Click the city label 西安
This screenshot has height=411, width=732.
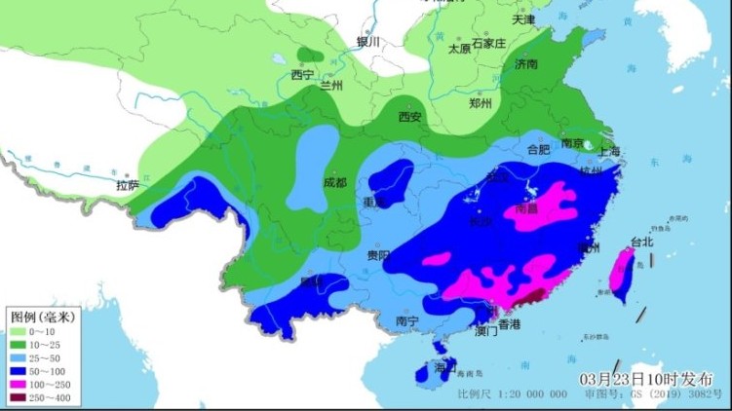409,118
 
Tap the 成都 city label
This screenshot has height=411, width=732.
334,182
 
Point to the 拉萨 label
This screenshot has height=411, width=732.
127,185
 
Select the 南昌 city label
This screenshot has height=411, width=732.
526,207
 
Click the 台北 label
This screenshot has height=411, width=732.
642,242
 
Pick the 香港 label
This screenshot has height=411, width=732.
509,323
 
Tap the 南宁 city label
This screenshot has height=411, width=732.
407,321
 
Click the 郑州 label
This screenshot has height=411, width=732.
481,102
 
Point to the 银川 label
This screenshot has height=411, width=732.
367,42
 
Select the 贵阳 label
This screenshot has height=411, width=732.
379,255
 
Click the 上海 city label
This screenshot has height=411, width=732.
610,151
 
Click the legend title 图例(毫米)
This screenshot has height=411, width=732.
43,318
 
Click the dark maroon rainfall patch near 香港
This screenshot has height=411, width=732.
534,296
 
